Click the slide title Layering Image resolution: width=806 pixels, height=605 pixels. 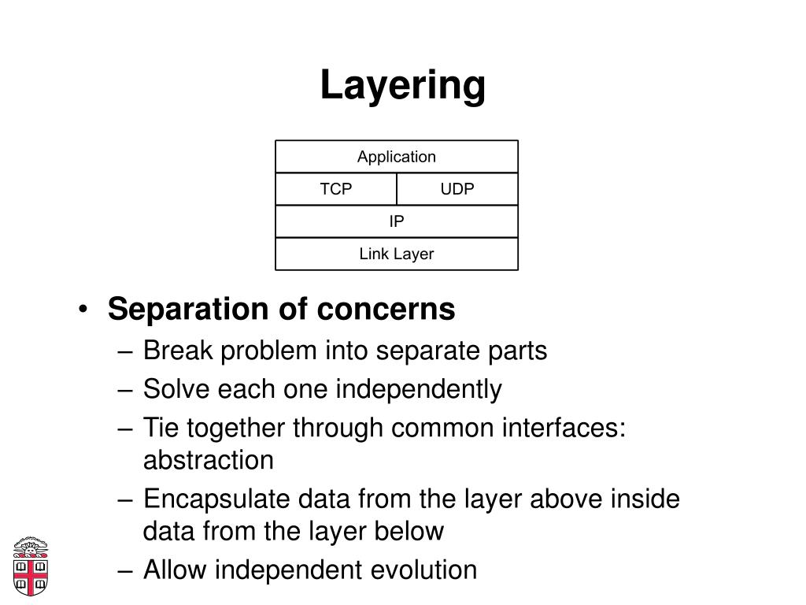(x=402, y=86)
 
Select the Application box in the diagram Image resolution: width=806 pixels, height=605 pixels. (x=397, y=157)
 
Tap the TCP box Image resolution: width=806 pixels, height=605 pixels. (x=336, y=189)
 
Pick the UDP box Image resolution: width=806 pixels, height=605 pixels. (x=457, y=189)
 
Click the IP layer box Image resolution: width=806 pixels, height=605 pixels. (x=397, y=221)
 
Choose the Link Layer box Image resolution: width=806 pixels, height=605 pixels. (x=397, y=254)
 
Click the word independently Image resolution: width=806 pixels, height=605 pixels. (x=419, y=389)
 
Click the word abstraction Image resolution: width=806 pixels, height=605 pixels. (x=208, y=460)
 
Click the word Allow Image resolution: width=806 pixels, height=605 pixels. (x=173, y=570)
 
